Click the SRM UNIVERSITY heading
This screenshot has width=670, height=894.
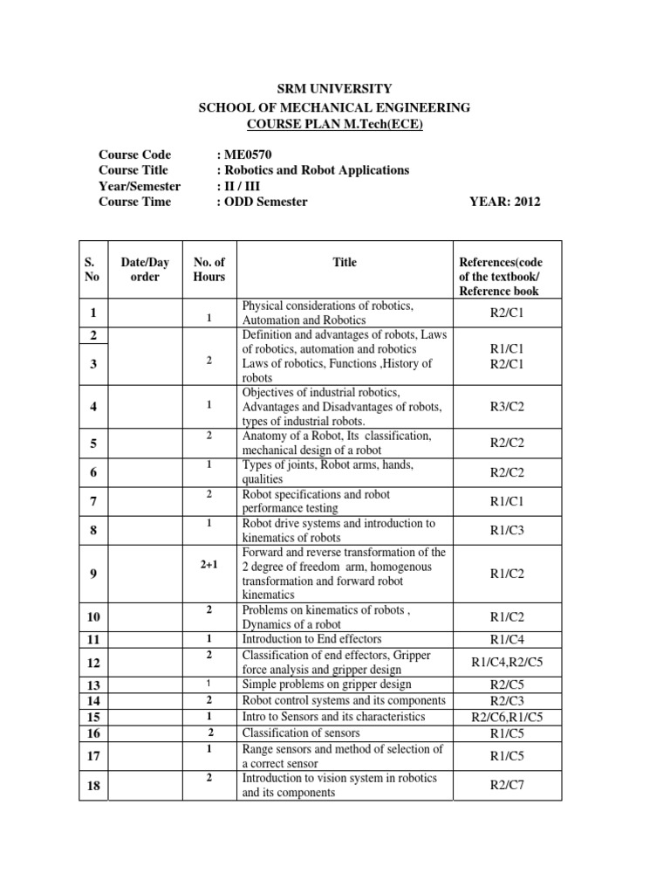334,88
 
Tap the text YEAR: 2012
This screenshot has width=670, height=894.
505,202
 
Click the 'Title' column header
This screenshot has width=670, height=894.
345,262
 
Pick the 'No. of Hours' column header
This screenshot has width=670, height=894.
209,269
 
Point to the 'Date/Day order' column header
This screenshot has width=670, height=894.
145,269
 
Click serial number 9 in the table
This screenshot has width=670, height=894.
92,573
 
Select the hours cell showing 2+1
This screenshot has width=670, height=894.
209,565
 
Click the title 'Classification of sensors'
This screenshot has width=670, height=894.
297,732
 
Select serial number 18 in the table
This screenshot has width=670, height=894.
92,786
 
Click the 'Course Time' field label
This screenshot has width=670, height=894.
134,202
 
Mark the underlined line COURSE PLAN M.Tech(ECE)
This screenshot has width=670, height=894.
334,123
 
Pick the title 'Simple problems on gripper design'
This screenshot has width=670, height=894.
326,684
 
